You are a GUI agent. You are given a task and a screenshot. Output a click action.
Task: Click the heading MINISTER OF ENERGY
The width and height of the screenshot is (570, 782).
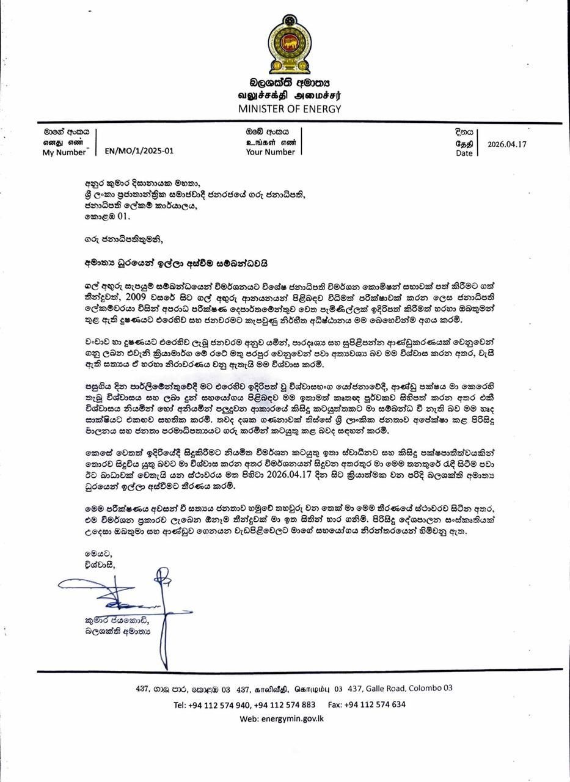(289, 109)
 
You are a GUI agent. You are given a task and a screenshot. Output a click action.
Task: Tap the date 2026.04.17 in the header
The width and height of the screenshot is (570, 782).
(507, 145)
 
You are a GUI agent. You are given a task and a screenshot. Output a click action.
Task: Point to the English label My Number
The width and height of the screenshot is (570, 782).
(64, 153)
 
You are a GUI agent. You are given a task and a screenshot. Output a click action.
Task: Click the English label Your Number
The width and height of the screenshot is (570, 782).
(270, 152)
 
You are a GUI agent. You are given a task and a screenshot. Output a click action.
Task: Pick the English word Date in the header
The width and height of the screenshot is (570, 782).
(464, 153)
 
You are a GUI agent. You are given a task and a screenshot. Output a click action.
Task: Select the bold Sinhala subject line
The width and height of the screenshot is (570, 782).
(177, 263)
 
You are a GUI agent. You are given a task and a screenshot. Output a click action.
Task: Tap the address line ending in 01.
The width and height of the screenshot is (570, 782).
(107, 216)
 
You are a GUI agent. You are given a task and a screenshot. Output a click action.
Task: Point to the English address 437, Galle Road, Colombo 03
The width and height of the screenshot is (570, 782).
(400, 688)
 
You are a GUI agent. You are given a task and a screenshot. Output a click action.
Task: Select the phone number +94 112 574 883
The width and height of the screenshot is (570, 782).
(284, 704)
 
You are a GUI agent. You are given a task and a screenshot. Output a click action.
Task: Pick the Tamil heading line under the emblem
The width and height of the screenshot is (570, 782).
(289, 95)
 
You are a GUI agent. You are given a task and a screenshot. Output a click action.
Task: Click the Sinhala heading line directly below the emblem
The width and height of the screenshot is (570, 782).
(289, 82)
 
